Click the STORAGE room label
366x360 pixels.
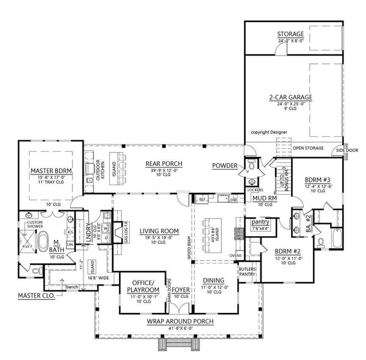[x=291, y=34]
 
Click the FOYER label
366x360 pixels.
[x=180, y=290]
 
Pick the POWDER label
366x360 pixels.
[x=225, y=166]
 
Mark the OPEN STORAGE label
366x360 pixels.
[x=307, y=148]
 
